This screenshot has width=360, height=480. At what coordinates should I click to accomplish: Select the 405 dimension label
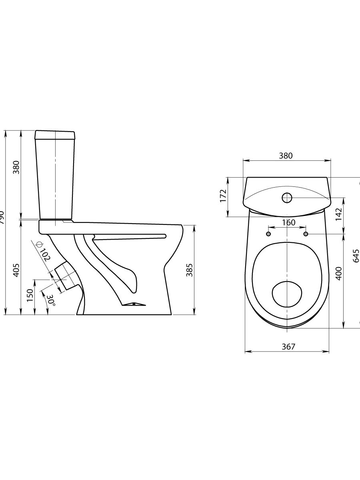pos(16,270)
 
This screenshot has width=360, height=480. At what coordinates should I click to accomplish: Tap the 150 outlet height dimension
pos(30,295)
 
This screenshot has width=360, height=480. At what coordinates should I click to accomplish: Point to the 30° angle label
pos(50,301)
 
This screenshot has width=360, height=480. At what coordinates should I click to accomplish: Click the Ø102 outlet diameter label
pos(43,252)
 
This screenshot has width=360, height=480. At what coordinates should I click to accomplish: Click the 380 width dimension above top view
pos(286,156)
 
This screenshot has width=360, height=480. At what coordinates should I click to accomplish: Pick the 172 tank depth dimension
pos(223,196)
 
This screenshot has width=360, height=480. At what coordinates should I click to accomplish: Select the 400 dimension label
pos(338,273)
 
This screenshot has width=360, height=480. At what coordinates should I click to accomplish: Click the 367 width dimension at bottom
pos(288,347)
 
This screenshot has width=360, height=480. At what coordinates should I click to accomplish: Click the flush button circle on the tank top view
pos(287,198)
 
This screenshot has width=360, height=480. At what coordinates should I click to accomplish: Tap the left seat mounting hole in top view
pos(269,234)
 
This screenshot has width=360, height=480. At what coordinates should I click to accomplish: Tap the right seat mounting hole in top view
pos(306,234)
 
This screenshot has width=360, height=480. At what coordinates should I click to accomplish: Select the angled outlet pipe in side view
pos(66,276)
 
